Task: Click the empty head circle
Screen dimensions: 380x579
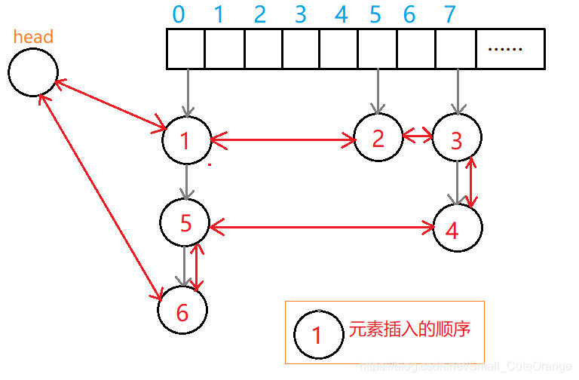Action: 33,72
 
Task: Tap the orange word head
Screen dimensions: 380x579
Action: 33,36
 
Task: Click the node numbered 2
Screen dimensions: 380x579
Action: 378,136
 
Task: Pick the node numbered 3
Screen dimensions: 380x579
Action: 456,139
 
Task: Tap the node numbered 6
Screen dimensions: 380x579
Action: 182,310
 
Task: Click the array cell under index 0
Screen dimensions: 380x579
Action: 185,49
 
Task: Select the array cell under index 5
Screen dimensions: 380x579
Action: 377,49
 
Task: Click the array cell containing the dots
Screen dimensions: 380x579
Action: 510,49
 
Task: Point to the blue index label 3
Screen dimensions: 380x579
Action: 300,14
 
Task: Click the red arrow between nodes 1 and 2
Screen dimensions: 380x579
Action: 283,139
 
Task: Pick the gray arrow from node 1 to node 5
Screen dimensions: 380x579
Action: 185,182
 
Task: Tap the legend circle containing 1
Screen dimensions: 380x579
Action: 317,333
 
